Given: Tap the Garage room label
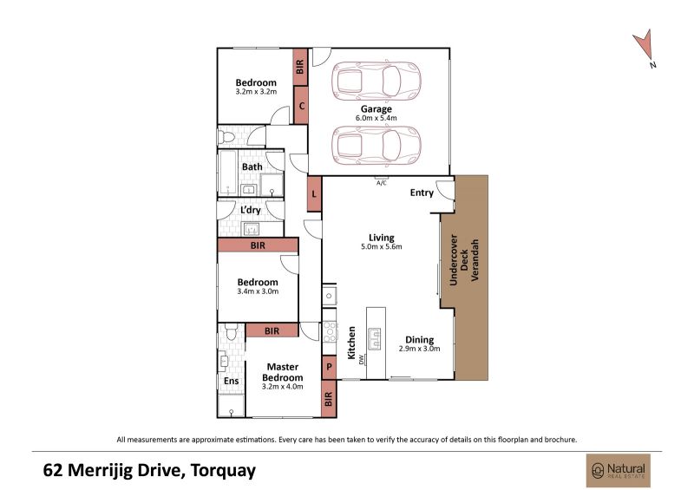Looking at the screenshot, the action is [376, 109].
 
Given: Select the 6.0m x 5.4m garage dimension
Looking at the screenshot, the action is [376, 118].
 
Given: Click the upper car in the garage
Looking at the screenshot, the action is [376, 81].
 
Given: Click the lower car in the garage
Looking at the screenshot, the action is [376, 146].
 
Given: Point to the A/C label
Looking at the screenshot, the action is [381, 183].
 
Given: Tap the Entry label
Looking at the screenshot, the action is [422, 193].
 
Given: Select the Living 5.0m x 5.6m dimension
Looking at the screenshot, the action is [382, 247].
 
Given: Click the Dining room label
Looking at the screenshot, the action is [420, 340].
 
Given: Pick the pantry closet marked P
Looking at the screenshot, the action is [329, 367].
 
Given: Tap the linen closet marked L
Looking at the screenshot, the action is [314, 194].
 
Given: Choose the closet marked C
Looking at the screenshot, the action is [301, 105].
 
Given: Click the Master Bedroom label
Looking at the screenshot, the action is [283, 372].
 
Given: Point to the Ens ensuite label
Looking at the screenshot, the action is [231, 381].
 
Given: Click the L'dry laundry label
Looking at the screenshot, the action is [251, 210].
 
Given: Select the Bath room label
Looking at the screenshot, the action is [252, 167].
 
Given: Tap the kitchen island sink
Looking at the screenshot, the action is [376, 338].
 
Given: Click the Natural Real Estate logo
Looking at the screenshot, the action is [619, 471].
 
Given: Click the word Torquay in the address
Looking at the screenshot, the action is [223, 470].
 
